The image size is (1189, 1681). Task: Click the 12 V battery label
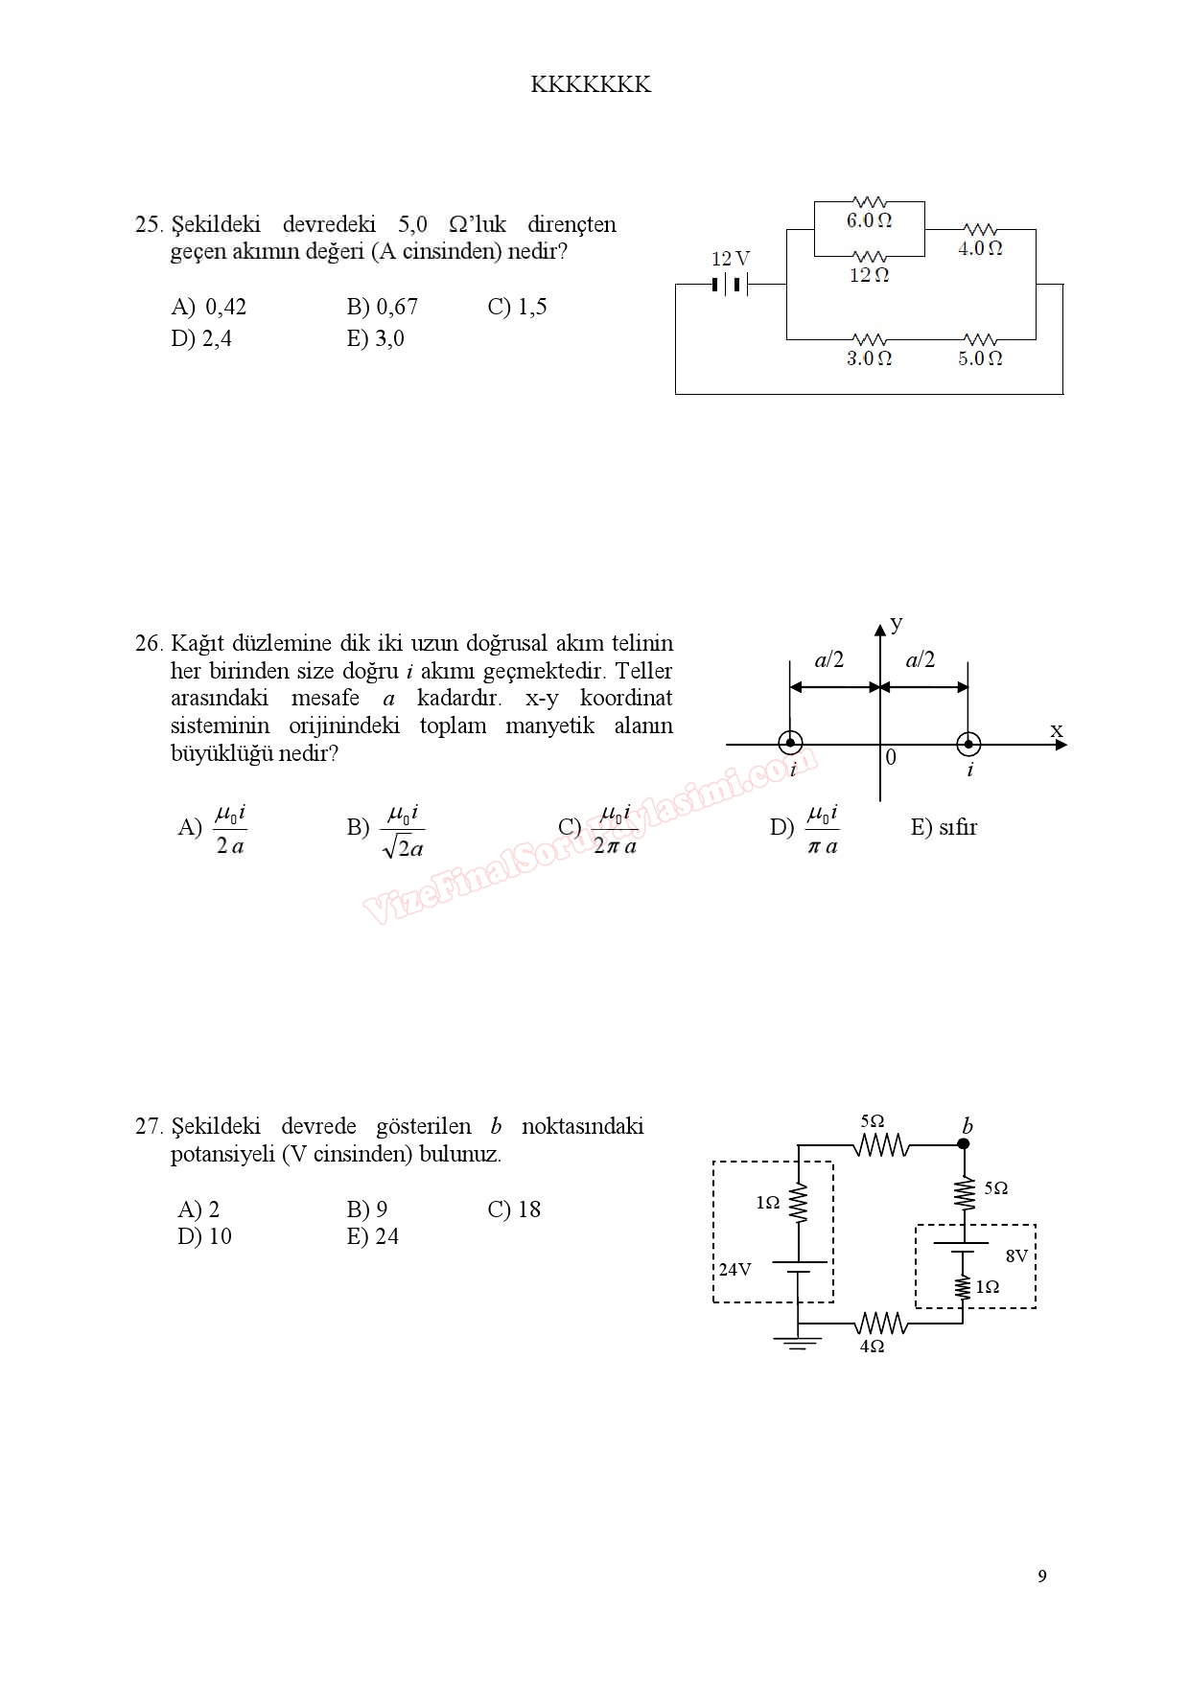click(730, 259)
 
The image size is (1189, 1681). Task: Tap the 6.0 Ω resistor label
click(869, 220)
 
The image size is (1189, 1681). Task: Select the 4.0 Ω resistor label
click(980, 248)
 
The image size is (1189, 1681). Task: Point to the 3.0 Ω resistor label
click(869, 358)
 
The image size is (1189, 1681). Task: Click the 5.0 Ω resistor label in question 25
click(980, 358)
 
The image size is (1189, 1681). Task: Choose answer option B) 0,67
click(382, 307)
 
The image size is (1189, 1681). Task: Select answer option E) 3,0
click(375, 338)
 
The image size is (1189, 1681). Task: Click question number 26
click(149, 643)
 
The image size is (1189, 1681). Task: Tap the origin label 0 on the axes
click(891, 758)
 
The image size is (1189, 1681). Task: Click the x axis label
click(1056, 730)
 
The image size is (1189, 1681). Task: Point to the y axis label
click(897, 624)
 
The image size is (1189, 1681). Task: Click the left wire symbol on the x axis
click(790, 743)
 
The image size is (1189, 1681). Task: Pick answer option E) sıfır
click(944, 827)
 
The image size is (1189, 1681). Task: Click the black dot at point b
click(964, 1143)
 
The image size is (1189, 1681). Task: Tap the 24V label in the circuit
click(734, 1270)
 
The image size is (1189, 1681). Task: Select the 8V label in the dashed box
click(1016, 1255)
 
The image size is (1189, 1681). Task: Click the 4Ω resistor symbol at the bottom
click(880, 1324)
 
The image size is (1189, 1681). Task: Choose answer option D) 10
click(204, 1236)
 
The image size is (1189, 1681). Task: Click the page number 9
click(1042, 1577)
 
